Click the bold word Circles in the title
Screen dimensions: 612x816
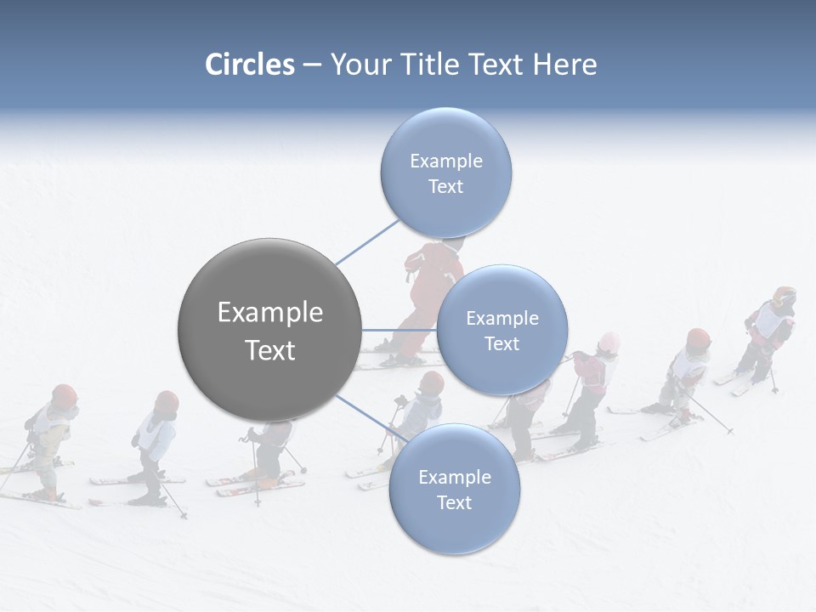pos(250,65)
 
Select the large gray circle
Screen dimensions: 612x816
pos(269,330)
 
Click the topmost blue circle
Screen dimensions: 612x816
pos(445,173)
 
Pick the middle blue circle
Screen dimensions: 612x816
pos(501,330)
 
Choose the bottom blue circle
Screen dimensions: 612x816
pos(454,490)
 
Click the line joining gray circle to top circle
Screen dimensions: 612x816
pos(365,242)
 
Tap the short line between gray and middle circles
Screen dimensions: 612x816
pos(398,330)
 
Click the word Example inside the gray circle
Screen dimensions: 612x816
pos(269,312)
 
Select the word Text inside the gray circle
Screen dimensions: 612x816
pos(269,349)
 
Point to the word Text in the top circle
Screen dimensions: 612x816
pos(445,186)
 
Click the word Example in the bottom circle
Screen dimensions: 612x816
pos(454,477)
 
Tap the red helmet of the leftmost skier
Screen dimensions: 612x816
pos(64,394)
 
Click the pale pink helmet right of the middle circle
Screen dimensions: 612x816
pos(609,343)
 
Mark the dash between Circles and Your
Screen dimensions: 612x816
pos(312,65)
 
